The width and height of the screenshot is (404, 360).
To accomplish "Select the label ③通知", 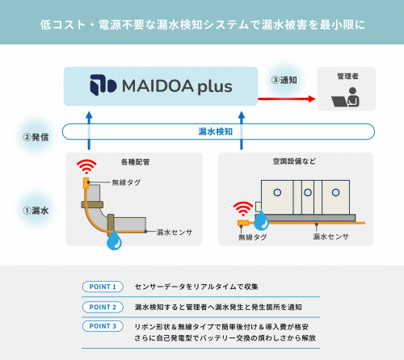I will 285,81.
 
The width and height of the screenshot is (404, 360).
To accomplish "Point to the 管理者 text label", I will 349,76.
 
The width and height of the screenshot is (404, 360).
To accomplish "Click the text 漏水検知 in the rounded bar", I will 215,131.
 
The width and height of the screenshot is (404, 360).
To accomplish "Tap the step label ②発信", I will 35,136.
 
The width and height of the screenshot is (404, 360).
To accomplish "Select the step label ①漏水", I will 35,211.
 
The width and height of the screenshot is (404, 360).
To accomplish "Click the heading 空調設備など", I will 296,161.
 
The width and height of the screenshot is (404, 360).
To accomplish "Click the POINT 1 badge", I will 103,287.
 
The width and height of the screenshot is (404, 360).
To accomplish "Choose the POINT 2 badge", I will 103,307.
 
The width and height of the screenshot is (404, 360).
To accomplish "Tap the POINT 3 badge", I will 103,326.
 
